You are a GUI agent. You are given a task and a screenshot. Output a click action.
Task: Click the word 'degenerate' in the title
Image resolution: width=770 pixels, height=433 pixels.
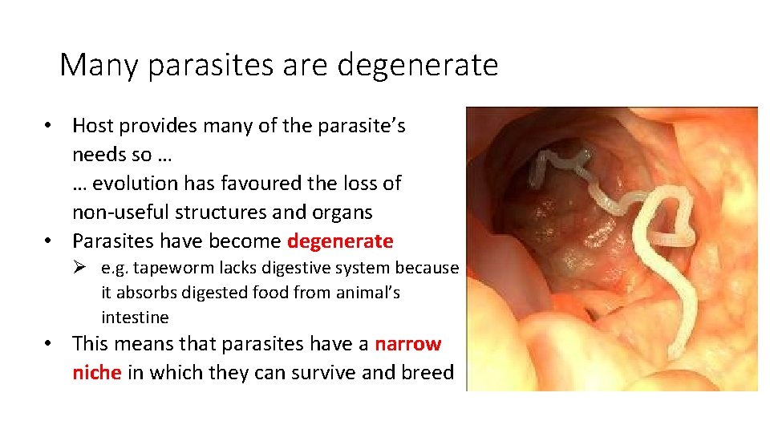pyautogui.click(x=418, y=65)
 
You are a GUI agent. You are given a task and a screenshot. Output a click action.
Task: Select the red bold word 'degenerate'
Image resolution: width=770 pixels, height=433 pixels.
pyautogui.click(x=340, y=241)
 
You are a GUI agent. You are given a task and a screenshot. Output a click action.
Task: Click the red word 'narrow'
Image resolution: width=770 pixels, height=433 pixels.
pyautogui.click(x=408, y=344)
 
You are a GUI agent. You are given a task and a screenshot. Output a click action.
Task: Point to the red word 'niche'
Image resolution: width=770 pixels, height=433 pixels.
pyautogui.click(x=97, y=373)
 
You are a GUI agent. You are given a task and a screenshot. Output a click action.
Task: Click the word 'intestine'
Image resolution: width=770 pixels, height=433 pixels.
pyautogui.click(x=135, y=318)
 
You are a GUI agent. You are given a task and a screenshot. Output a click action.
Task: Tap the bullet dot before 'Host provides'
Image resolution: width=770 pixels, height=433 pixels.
pyautogui.click(x=49, y=126)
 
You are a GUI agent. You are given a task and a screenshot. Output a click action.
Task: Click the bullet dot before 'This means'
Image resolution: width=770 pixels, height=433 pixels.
pyautogui.click(x=49, y=345)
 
